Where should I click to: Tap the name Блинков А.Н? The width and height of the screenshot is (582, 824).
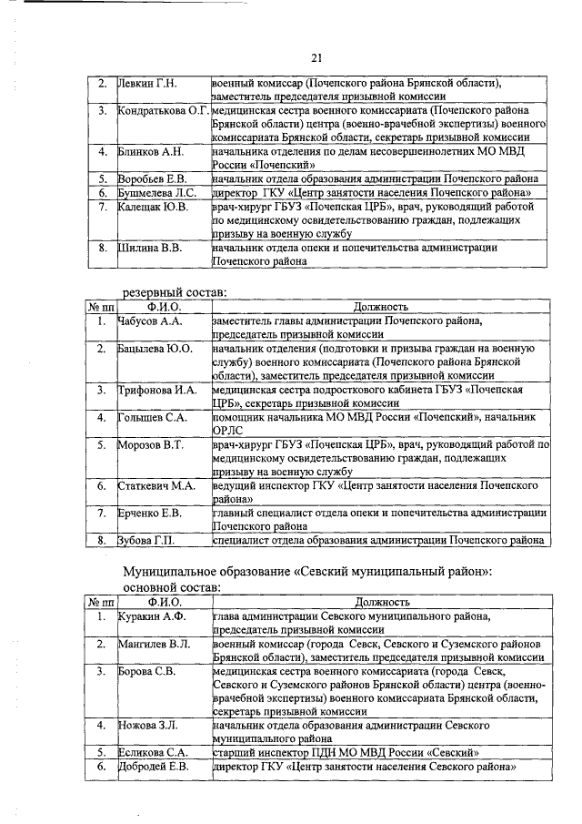pyautogui.click(x=151, y=151)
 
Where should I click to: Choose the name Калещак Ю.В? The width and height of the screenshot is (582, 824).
pyautogui.click(x=152, y=207)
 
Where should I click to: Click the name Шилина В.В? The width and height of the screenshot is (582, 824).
pyautogui.click(x=149, y=247)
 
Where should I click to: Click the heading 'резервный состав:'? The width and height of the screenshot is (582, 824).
pyautogui.click(x=176, y=292)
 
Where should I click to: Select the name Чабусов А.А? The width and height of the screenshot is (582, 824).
pyautogui.click(x=151, y=321)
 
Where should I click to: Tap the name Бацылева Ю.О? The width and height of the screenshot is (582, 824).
pyautogui.click(x=155, y=349)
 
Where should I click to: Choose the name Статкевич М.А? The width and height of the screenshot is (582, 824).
pyautogui.click(x=156, y=486)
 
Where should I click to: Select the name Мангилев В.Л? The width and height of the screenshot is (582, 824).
pyautogui.click(x=154, y=644)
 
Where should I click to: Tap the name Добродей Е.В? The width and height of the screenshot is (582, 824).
pyautogui.click(x=153, y=767)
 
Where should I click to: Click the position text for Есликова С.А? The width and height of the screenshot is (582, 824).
pyautogui.click(x=346, y=753)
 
